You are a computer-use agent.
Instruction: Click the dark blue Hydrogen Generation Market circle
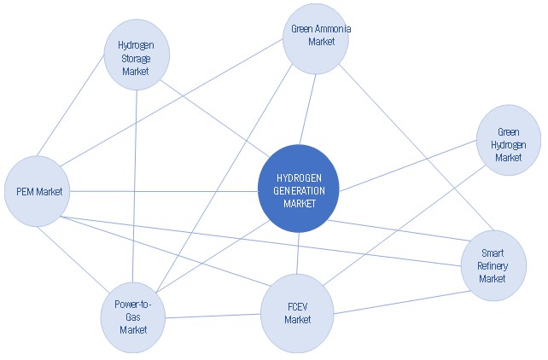click(x=298, y=189)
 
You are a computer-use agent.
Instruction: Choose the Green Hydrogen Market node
click(x=508, y=140)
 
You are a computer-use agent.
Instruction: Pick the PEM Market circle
click(x=38, y=191)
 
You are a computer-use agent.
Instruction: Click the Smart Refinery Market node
click(x=493, y=265)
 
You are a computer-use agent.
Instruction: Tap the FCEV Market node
click(x=297, y=314)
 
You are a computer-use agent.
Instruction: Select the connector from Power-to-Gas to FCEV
click(x=213, y=316)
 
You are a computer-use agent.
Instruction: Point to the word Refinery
click(x=493, y=266)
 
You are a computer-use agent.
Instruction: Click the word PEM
click(x=28, y=191)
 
